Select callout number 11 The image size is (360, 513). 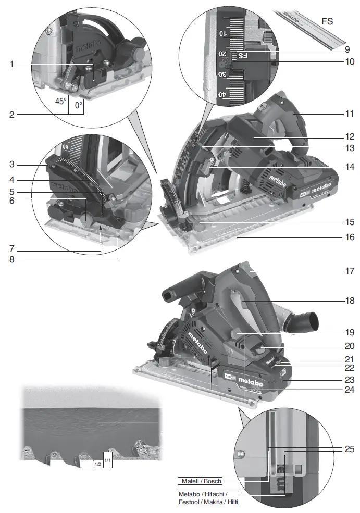349,113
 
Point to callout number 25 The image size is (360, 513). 349,448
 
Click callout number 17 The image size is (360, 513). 349,271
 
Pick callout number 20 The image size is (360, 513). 349,345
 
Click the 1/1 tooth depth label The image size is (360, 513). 107,460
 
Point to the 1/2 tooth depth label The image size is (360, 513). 97,464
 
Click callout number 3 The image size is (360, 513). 11,164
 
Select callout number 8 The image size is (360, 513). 11,257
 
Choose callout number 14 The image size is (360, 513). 349,167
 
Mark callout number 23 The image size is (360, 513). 349,380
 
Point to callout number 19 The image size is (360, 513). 349,332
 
